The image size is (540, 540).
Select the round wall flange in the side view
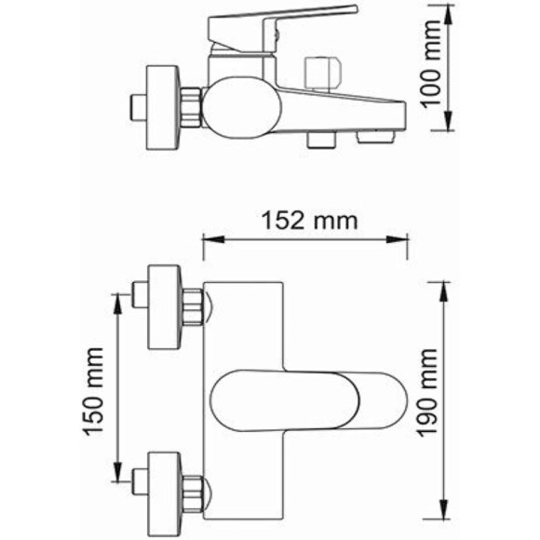coord(164,105)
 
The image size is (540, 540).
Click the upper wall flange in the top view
coord(165,306)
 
